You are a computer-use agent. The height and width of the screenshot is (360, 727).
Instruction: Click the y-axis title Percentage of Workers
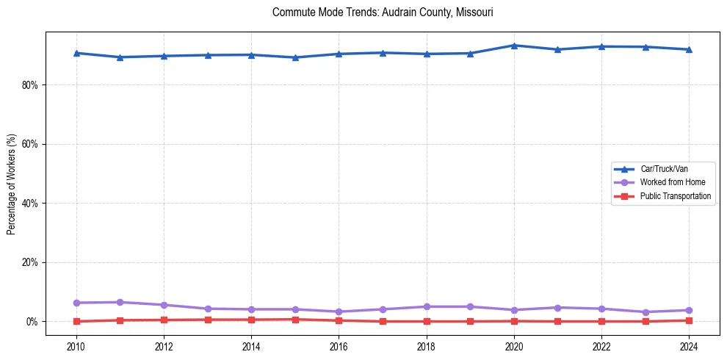coord(12,184)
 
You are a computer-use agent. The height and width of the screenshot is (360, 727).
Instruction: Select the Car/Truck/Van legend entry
coord(664,169)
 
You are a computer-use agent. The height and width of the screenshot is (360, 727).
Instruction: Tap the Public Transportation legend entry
coord(675,196)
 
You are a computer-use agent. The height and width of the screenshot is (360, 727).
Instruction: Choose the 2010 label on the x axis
coord(76,346)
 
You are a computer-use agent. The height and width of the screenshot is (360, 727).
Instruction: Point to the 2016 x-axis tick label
coord(339,346)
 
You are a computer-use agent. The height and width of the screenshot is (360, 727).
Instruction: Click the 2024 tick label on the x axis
coord(689,346)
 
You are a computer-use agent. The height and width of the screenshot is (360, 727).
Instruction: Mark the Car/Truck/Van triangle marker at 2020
coord(514,46)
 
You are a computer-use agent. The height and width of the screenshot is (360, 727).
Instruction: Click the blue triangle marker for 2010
coord(76,53)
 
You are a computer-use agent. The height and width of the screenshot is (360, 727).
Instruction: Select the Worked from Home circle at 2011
coord(120,302)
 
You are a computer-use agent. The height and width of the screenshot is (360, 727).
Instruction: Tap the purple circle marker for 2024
coord(689,310)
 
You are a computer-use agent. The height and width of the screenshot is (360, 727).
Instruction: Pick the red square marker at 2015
coord(295,320)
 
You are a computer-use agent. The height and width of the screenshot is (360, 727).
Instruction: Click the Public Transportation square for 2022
coord(601,321)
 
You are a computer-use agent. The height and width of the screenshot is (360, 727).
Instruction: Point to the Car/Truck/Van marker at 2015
coord(295,57)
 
